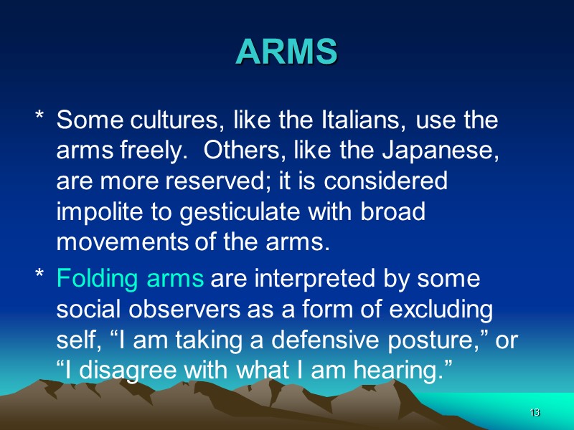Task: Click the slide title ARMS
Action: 286,52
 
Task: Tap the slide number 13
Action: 534,414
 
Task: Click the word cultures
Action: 159,120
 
